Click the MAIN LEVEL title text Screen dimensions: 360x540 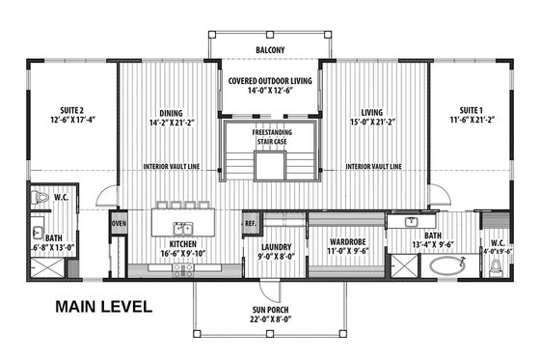click(x=102, y=308)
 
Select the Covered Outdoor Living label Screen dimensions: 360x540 click(x=270, y=81)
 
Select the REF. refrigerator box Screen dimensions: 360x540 click(x=251, y=223)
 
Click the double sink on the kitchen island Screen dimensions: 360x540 click(x=180, y=229)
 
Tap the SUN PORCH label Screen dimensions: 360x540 click(x=269, y=311)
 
